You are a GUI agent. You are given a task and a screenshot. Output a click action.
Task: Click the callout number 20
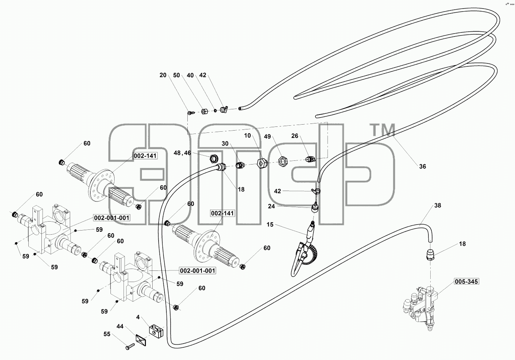(163, 75)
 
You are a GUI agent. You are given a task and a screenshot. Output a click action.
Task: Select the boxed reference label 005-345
(466, 281)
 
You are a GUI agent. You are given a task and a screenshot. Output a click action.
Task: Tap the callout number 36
(422, 166)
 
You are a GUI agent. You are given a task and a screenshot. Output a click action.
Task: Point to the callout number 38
(437, 206)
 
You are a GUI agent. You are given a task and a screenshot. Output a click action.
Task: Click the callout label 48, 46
(182, 153)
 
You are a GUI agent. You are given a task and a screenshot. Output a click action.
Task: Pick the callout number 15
(270, 224)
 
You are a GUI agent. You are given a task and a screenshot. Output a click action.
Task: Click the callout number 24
(271, 206)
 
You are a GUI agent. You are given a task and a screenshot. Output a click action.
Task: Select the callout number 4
(138, 317)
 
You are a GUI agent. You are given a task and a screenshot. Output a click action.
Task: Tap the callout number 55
(107, 334)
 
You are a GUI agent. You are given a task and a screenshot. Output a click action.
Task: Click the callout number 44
(120, 326)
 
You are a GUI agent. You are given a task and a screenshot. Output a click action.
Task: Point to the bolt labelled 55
(130, 347)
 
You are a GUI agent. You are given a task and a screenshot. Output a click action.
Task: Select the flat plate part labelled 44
(141, 340)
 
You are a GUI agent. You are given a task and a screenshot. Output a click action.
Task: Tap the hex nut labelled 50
(204, 112)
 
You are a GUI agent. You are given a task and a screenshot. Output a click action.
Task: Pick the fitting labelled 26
(310, 159)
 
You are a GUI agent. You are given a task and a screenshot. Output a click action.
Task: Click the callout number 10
(247, 136)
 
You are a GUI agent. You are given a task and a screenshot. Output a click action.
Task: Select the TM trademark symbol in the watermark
(382, 129)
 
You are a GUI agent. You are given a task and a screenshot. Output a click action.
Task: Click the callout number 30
(225, 144)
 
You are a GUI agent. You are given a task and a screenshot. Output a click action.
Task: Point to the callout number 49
(267, 137)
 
